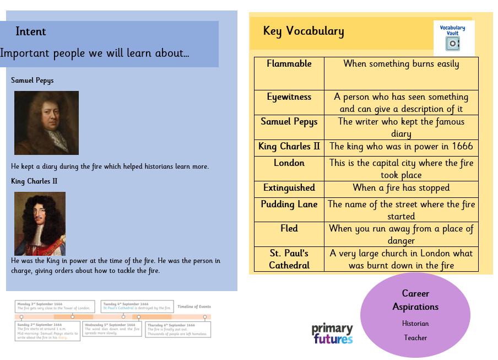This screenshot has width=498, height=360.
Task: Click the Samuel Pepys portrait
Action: click(46, 122)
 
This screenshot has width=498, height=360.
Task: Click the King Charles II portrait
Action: click(40, 223)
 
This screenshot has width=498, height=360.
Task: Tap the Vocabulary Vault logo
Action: click(453, 37)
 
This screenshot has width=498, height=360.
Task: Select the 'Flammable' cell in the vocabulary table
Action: click(289, 64)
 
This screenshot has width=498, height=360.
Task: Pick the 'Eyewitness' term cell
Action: click(289, 97)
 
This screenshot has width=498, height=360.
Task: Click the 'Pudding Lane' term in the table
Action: click(289, 205)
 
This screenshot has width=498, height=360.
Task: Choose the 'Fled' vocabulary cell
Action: click(289, 229)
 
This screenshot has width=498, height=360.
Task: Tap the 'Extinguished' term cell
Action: click(289, 188)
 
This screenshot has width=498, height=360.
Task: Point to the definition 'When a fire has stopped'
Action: click(401, 188)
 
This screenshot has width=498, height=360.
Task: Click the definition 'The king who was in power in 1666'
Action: click(401, 147)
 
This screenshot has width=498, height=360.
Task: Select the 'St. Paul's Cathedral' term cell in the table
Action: click(289, 259)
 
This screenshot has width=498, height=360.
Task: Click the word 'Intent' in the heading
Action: click(31, 31)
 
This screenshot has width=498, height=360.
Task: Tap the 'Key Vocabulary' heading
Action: click(304, 31)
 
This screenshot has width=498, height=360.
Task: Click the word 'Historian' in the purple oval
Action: click(415, 324)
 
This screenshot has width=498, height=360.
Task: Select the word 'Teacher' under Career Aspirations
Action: click(415, 337)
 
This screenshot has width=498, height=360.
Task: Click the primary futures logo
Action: click(332, 334)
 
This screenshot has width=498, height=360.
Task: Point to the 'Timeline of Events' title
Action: click(194, 307)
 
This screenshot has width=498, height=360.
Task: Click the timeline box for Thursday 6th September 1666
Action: click(177, 330)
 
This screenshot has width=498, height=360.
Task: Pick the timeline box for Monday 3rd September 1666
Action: click(55, 307)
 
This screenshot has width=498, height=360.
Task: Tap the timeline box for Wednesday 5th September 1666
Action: click(112, 329)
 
